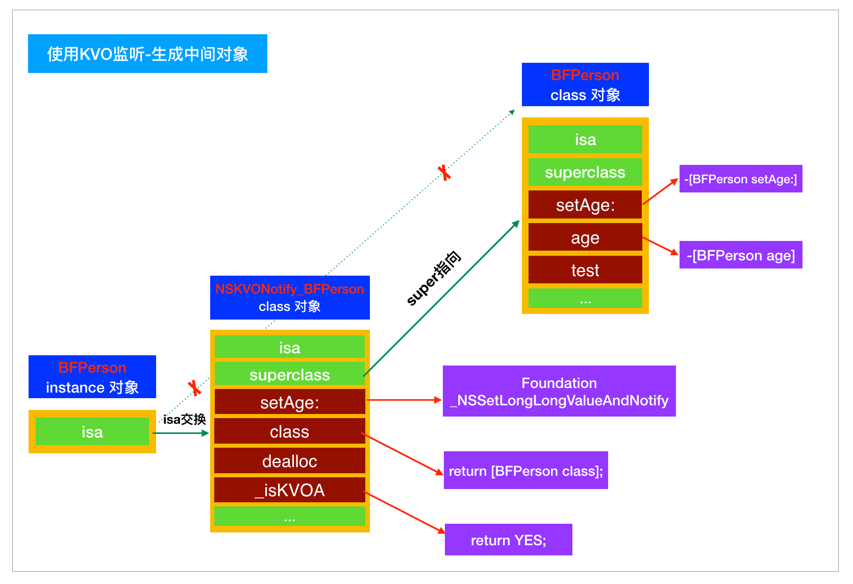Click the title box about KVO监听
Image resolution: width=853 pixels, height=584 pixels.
point(147,54)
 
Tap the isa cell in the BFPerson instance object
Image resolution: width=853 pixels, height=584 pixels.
point(92,432)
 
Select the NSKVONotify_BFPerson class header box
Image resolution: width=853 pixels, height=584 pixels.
point(290,298)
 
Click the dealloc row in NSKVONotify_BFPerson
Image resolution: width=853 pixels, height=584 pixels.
point(289,461)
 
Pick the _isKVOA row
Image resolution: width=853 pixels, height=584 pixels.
point(289,490)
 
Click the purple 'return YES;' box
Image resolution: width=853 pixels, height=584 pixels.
point(508,540)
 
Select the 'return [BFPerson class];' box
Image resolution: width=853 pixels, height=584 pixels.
point(525,470)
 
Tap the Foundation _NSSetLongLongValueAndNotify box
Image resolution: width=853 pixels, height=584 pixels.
point(559,391)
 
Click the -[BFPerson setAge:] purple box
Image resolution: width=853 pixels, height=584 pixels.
point(740,179)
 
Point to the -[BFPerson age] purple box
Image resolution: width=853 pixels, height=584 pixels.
point(740,255)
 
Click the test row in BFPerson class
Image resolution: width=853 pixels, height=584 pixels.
point(585,270)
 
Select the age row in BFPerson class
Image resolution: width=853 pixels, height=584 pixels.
point(585,237)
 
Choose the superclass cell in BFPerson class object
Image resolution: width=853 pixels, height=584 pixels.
point(585,172)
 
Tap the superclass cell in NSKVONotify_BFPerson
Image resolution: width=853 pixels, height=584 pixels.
point(289,374)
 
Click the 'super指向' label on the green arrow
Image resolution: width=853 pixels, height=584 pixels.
point(434,279)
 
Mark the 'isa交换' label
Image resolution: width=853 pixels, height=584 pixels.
point(184,419)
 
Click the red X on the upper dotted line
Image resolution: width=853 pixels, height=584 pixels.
point(444,173)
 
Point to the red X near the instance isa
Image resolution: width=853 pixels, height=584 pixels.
point(194,388)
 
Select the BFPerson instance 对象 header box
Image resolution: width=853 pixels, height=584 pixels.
point(92,377)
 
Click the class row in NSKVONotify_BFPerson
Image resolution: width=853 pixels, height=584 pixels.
point(289,431)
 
